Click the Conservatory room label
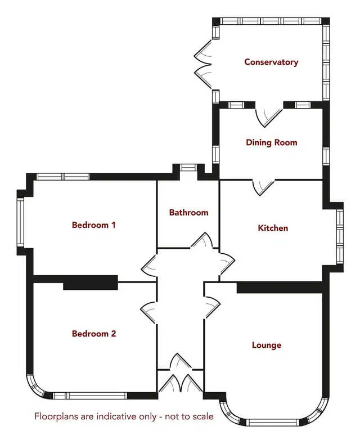click(271, 62)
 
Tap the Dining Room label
click(272, 142)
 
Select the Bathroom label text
click(189, 212)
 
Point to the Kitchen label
click(273, 228)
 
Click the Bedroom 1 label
click(94, 225)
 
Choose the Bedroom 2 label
click(94, 334)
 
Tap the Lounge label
click(267, 345)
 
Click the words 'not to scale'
click(189, 416)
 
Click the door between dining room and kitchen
click(264, 187)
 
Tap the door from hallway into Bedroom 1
click(149, 266)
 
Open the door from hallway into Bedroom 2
click(148, 313)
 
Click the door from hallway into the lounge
click(212, 307)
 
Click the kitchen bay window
click(340, 237)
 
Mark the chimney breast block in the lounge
click(280, 288)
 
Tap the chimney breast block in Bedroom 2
click(91, 282)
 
